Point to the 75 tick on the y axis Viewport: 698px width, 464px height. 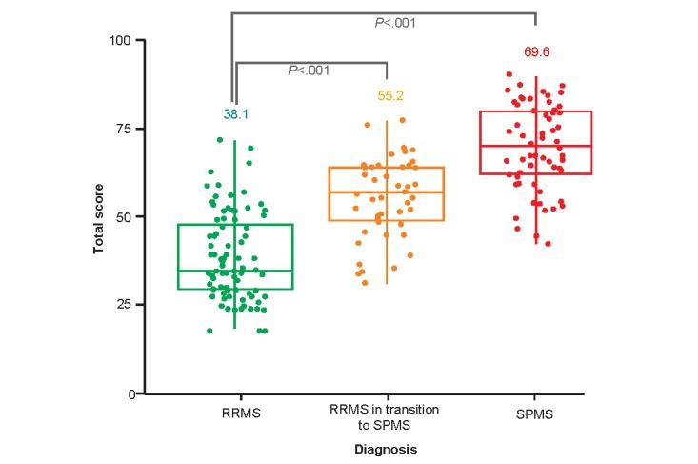pos(125,128)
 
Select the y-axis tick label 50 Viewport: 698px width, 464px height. pos(125,216)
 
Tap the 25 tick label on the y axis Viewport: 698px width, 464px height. pos(125,304)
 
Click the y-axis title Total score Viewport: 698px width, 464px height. pos(97,217)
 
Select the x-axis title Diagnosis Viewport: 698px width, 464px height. pos(386,447)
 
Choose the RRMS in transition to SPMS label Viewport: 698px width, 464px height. pos(386,416)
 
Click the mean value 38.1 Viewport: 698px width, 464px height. pos(236,113)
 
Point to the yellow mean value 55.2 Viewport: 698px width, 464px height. pos(386,96)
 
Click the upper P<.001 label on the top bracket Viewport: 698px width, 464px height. pos(394,22)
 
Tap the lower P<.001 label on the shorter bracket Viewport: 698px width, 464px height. pos(309,70)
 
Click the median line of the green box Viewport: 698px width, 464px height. pos(236,271)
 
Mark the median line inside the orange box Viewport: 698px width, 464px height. pos(386,192)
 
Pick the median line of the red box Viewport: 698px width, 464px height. pos(536,146)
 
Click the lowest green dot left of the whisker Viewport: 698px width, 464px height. pos(209,331)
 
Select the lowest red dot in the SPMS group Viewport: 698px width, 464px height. pos(548,244)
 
